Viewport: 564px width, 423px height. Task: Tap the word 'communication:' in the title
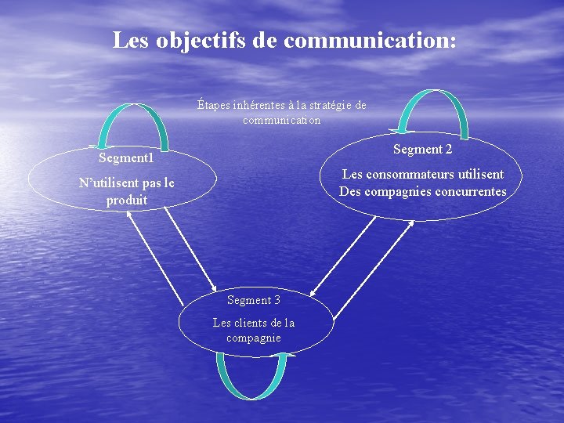(370, 40)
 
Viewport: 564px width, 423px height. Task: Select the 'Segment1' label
(126, 157)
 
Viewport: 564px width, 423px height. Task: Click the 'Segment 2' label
(422, 149)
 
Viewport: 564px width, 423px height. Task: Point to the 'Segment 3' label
(254, 300)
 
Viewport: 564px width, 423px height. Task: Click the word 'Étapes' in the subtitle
(212, 105)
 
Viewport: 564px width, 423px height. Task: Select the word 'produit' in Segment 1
(127, 200)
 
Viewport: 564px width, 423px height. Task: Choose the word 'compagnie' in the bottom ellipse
(254, 338)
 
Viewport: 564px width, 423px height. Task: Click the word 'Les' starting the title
(129, 40)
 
